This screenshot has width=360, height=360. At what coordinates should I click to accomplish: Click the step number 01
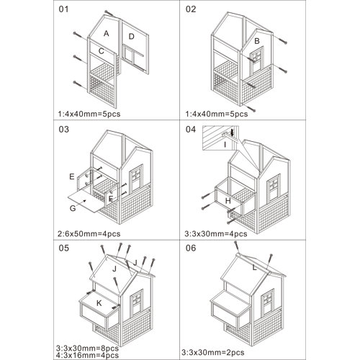pos(63,9)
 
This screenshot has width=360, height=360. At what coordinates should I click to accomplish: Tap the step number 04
pos(191,129)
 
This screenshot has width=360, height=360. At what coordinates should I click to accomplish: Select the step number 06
pos(191,248)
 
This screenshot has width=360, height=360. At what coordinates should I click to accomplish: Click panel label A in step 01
pos(107,33)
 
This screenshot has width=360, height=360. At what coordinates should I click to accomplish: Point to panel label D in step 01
pos(131,37)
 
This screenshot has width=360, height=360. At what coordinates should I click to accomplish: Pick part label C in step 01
pos(102,51)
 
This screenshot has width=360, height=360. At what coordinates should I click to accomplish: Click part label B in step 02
pos(257,41)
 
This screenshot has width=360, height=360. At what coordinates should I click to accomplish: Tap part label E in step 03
pos(71,176)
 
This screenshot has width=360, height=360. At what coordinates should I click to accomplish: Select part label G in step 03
pos(73,208)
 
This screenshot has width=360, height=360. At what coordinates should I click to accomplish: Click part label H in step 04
pos(228,201)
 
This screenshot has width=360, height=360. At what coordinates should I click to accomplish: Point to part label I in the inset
pos(225,145)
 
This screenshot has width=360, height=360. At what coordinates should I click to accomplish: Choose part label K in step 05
pos(99,303)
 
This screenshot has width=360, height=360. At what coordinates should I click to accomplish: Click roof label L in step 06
pos(254,267)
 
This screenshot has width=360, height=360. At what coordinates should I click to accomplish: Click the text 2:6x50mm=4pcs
pos(89,233)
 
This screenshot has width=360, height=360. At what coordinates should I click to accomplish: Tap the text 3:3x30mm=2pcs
pos(213,352)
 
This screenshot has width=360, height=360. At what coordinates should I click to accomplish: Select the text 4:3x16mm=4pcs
pos(87,355)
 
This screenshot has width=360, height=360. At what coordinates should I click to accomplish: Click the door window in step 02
pos(257,56)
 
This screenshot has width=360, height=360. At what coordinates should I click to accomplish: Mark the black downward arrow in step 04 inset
pos(232,132)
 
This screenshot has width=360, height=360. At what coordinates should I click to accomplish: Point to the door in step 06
pos(268,302)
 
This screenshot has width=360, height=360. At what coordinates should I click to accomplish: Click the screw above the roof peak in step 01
pos(109,13)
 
